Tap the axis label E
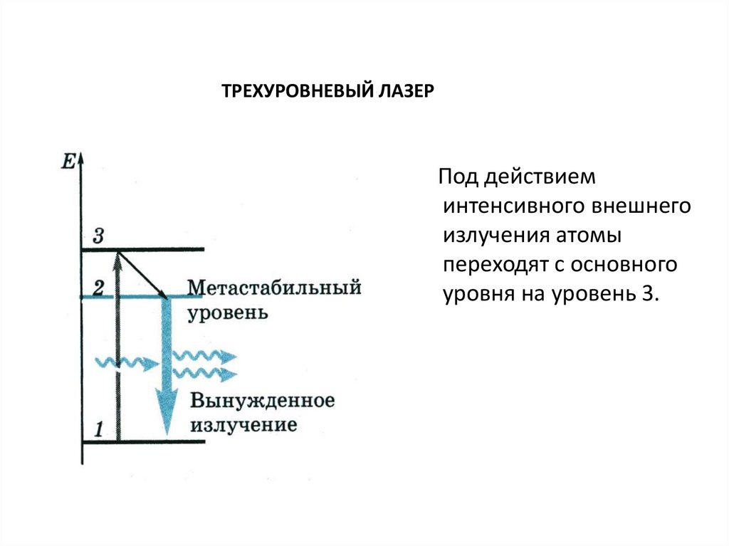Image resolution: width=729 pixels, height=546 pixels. [x=68, y=161]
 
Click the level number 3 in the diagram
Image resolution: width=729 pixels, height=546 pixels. [x=98, y=236]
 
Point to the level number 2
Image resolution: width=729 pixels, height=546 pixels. [x=98, y=288]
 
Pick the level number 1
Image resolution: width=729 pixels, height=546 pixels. [x=99, y=429]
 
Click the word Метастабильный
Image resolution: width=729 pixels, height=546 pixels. [x=273, y=288]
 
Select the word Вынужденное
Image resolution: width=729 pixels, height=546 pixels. [x=261, y=400]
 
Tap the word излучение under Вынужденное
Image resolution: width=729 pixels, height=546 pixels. [x=242, y=426]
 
